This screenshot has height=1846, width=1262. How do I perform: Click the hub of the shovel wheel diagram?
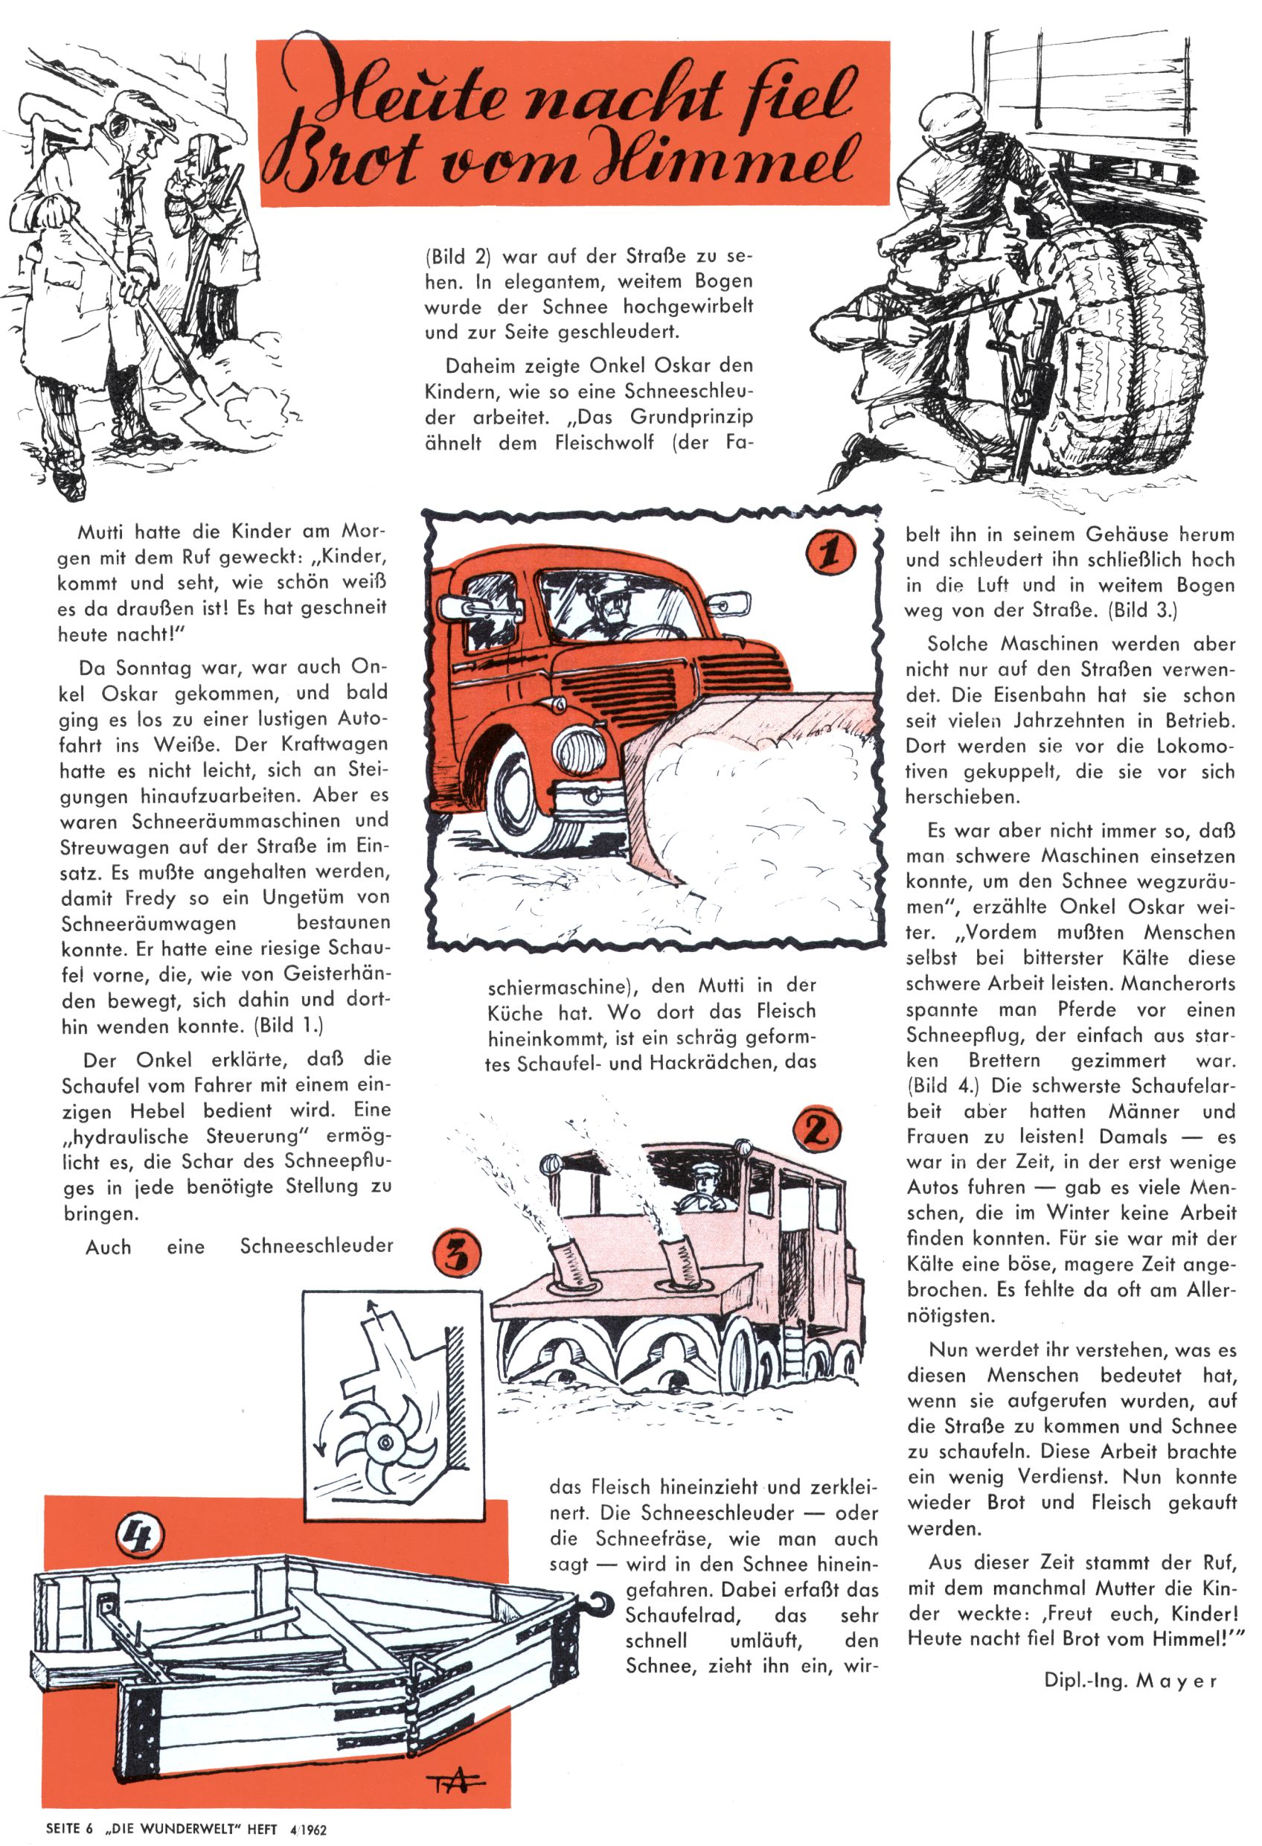point(386,1442)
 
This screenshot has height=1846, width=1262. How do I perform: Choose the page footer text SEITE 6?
point(69,1827)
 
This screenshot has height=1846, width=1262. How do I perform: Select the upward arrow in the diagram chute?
point(372,1315)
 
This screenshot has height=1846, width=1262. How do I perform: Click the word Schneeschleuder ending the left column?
point(316,1245)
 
